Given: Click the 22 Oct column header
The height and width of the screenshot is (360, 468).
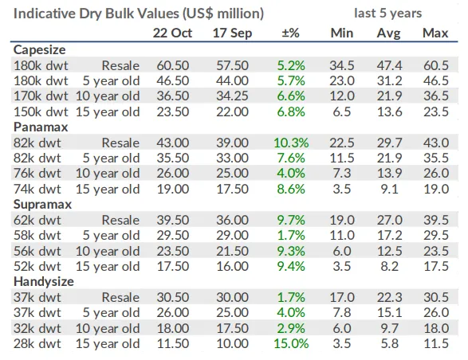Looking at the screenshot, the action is click(x=172, y=33).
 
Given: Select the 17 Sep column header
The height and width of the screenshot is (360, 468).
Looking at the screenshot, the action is click(x=232, y=33).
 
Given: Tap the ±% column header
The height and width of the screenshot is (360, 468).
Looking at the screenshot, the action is click(x=290, y=33).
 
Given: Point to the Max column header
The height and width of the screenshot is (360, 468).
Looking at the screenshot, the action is click(x=435, y=33).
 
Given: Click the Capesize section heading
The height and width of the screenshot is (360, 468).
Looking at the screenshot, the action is click(x=39, y=50).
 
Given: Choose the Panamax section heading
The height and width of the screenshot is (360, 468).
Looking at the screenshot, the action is click(x=41, y=127).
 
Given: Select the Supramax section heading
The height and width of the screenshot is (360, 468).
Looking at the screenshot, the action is click(x=42, y=205).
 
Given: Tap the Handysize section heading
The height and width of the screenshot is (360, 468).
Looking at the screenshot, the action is click(x=44, y=282).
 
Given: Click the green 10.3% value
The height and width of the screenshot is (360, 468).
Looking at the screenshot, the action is click(x=291, y=143).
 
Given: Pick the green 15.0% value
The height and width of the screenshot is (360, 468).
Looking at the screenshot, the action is click(x=291, y=343).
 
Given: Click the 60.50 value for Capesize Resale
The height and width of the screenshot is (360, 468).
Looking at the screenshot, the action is click(x=173, y=65).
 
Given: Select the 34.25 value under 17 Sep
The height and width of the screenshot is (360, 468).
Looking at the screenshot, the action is click(x=232, y=96).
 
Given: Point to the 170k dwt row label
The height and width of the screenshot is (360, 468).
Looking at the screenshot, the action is click(x=41, y=96).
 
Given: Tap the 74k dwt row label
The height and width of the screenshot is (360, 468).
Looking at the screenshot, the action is click(x=37, y=189).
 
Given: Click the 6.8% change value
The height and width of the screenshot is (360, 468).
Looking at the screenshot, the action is click(x=291, y=112).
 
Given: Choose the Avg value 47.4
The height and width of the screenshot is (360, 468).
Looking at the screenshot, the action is click(x=389, y=65).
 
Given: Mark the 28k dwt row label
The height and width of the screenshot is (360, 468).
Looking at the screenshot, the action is click(x=37, y=343).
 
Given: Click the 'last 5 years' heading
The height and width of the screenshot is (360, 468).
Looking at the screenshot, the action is click(x=388, y=13).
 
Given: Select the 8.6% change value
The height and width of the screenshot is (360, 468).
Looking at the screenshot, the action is click(x=291, y=189).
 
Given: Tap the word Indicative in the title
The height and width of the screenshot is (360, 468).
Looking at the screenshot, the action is click(x=44, y=14).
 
